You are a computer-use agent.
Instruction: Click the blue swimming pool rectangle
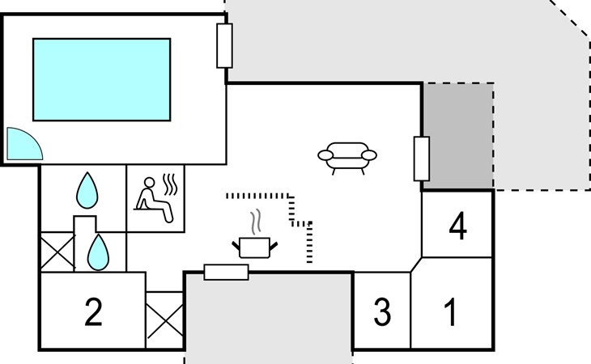tap(101, 78)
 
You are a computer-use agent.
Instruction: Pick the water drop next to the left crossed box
tap(98, 252)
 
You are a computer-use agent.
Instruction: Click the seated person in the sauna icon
tap(153, 199)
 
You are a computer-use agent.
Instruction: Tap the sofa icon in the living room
tap(347, 156)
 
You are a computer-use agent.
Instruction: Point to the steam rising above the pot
tap(256, 221)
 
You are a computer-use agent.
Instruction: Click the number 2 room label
tap(94, 312)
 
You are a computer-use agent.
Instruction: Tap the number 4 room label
tap(457, 227)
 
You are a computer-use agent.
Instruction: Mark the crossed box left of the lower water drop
tap(57, 252)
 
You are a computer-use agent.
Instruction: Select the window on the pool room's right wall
tap(225, 45)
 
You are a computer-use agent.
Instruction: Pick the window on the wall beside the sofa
tap(421, 159)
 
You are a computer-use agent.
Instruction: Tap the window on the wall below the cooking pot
tap(226, 272)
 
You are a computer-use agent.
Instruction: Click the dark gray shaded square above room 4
tap(458, 136)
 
